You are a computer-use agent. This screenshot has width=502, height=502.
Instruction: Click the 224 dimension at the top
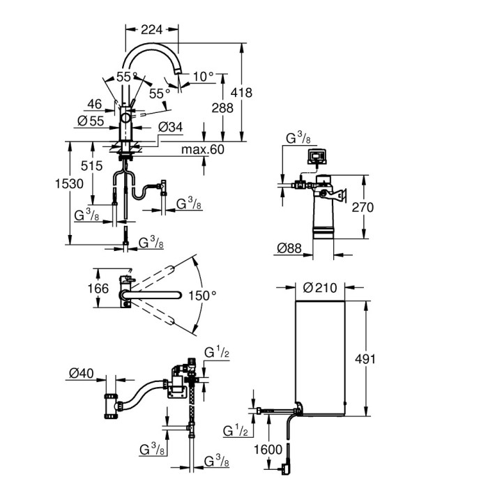(151, 29)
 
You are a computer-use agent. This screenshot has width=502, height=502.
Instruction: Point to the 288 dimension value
(222, 108)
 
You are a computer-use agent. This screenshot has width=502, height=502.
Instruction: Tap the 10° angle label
(203, 76)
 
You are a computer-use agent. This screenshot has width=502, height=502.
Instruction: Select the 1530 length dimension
(71, 183)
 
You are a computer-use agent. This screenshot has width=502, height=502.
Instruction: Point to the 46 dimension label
(94, 105)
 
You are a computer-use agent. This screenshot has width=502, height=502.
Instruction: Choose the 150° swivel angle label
(203, 296)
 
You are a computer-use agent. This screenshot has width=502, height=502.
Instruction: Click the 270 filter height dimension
(363, 207)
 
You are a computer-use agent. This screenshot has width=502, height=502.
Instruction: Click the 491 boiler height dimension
(365, 359)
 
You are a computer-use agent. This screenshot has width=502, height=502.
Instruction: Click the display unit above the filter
(317, 155)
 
